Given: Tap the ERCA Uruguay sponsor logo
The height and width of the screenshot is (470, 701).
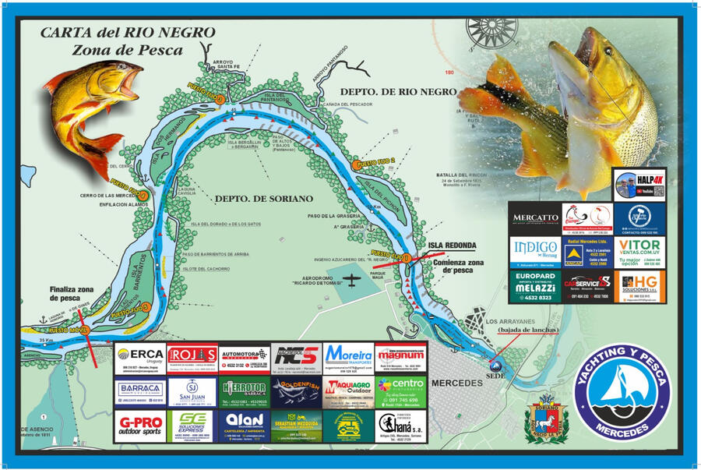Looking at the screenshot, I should [140, 359].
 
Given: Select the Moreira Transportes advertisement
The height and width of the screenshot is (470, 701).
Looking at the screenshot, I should [348, 359].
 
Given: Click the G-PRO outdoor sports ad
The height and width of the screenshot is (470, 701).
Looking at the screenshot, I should [140, 426].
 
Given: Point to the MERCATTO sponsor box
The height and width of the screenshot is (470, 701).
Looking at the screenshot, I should [534, 219].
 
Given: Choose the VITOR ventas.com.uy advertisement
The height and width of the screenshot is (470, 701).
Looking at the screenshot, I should [639, 252].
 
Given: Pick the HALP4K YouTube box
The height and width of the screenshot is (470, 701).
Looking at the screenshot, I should [639, 185].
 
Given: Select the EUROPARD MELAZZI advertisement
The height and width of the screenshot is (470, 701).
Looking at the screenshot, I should [534, 286].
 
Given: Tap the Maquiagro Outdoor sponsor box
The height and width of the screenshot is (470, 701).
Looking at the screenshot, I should [348, 392].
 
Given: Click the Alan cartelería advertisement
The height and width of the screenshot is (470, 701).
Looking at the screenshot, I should [244, 426].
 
